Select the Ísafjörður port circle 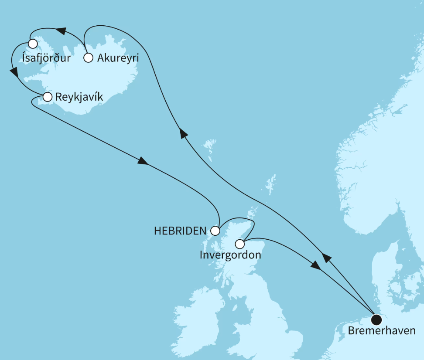pos(32,44)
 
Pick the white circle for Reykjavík pos(47,97)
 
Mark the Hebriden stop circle pos(215,231)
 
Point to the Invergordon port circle pos(240,244)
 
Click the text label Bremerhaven pos(381,331)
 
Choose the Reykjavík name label pos(79,97)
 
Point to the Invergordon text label pos(230,255)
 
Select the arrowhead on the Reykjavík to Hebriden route pos(143,161)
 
